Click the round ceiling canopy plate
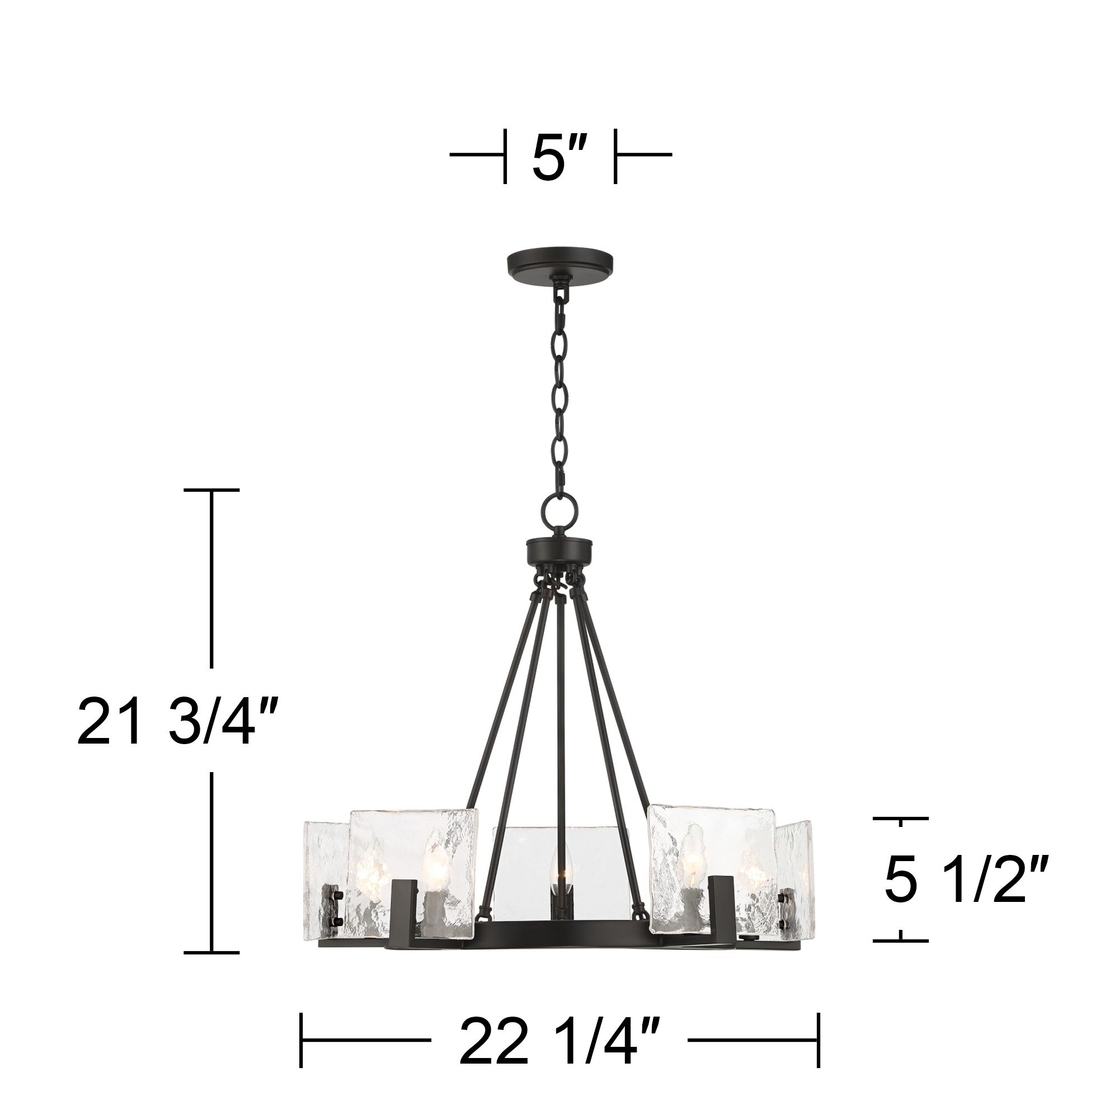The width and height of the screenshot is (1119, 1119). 559,261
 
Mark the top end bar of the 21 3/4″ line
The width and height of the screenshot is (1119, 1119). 211,490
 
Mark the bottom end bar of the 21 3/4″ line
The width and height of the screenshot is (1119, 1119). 211,952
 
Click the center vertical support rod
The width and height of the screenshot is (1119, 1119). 559,724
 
